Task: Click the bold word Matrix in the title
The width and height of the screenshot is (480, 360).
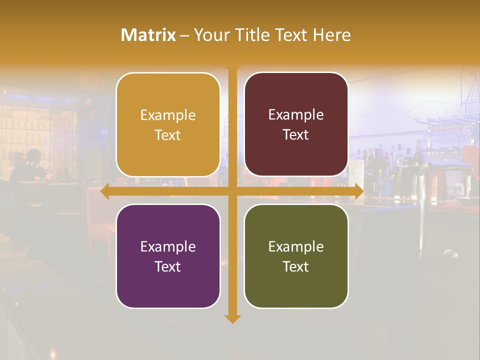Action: coord(148,35)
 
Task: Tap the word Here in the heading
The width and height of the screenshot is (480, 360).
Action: coord(332,35)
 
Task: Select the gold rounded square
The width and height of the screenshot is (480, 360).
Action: coord(168,124)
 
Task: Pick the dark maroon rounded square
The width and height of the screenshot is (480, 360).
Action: coord(296,124)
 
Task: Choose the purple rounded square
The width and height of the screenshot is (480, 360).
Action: coord(168,256)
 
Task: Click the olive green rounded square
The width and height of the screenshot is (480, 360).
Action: coord(296,256)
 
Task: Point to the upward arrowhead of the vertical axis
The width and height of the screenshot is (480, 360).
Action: coord(232,65)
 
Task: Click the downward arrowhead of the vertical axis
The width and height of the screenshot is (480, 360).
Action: coord(232,318)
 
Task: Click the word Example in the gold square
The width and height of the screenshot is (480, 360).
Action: coord(168,115)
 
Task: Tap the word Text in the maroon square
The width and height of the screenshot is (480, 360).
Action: coord(296,135)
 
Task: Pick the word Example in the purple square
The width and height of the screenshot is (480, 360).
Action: coord(168,246)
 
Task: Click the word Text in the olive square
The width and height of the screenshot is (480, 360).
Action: coord(296,266)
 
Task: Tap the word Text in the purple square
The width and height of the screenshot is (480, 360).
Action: coord(168,266)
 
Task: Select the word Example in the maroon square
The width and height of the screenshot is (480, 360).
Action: coord(296,114)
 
